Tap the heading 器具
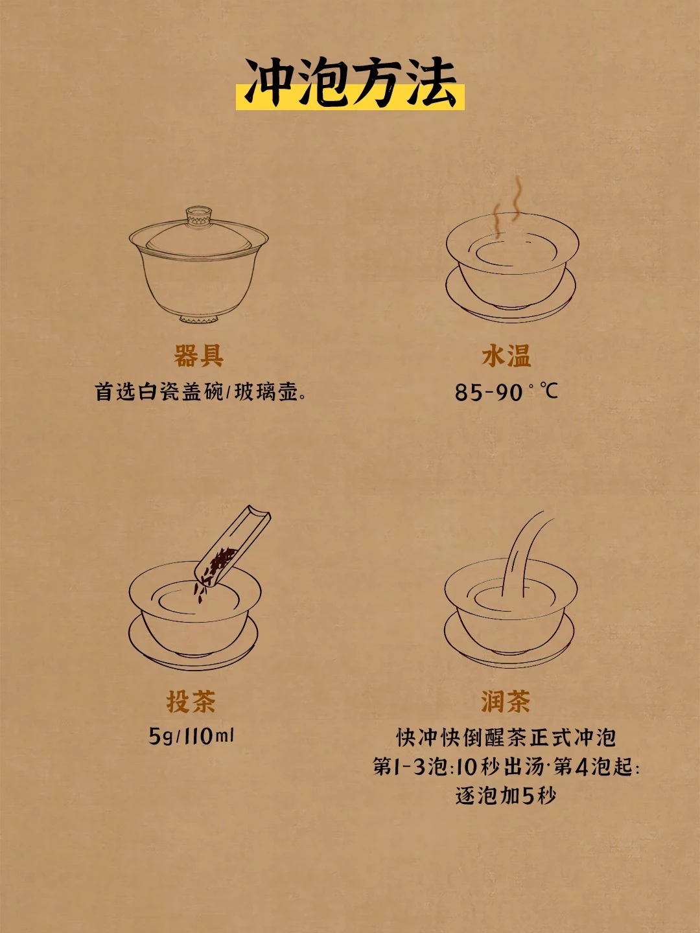tap(198, 355)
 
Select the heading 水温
tap(506, 355)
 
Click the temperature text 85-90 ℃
tap(506, 391)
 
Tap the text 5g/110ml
tap(191, 736)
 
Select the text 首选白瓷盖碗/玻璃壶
tap(200, 391)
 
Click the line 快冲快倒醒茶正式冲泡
tap(506, 737)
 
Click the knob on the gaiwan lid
tap(199, 214)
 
